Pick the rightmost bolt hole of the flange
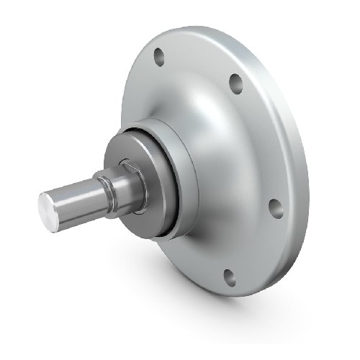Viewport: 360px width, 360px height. (x=275, y=207)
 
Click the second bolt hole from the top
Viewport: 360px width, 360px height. (x=235, y=84)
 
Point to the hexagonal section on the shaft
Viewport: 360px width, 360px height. (x=132, y=184)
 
